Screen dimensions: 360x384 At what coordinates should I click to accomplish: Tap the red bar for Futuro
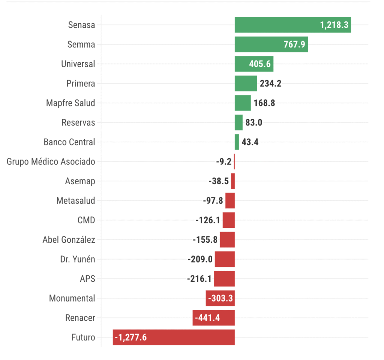point(187,337)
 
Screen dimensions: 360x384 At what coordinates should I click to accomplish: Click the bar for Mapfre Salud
point(243,103)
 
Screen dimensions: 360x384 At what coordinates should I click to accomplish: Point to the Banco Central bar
point(237,142)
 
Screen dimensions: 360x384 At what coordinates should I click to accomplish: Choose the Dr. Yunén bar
point(225,259)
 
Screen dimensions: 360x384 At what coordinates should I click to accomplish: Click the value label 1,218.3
point(334,25)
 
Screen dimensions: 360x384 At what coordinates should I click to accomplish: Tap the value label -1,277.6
point(130,338)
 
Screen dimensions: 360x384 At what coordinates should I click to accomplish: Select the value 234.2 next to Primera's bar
point(271,84)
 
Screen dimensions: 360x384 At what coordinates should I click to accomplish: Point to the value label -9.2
point(223,162)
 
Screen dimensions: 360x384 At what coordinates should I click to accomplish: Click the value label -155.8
point(205,240)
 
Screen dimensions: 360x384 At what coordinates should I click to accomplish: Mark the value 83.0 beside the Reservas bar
point(254,122)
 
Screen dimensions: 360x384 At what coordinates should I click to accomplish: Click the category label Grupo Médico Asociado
point(51,162)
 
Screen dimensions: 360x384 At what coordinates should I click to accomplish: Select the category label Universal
point(78,64)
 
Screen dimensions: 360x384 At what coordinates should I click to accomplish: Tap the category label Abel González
point(69,240)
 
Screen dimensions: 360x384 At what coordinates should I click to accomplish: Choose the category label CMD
point(86,220)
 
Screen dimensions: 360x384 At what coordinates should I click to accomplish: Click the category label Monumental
point(72,299)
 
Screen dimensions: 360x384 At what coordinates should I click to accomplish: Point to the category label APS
point(87,279)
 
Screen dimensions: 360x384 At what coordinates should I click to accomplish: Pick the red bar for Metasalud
point(230,200)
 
